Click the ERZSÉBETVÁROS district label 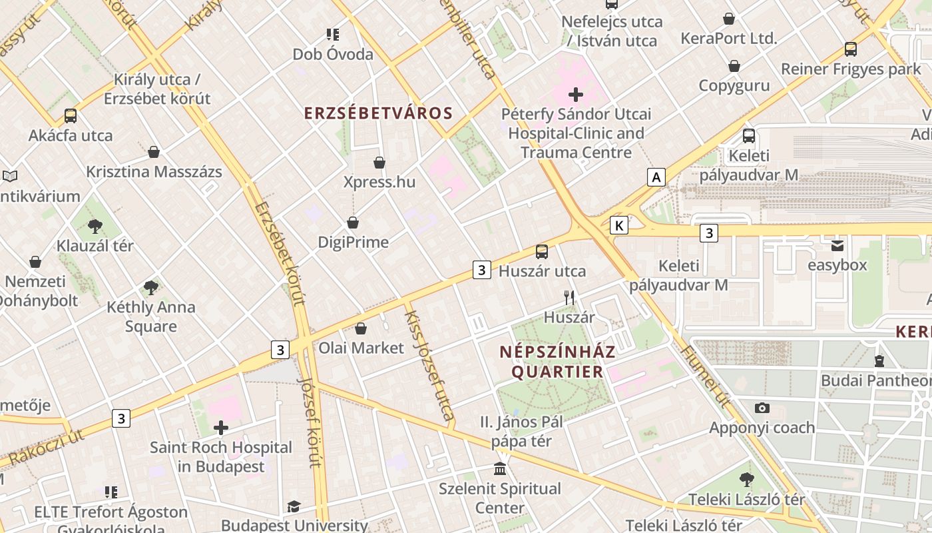pos(378,113)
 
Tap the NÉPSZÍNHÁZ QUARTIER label pos(558,361)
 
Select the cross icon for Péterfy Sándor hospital pos(576,95)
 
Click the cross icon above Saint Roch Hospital pos(221,428)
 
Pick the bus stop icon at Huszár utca pos(542,252)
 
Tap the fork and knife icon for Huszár pos(569,298)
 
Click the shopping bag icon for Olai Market pos(361,328)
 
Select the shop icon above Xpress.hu pos(379,163)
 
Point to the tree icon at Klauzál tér pos(95,227)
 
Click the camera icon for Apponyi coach pos(762,408)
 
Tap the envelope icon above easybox pos(837,246)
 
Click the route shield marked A pos(656,177)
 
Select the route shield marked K pos(619,225)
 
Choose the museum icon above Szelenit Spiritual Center pos(500,469)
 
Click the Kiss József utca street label pos(429,366)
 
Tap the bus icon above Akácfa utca pos(71,116)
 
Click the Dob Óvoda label pos(333,55)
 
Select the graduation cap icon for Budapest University pos(294,507)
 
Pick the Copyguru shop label pos(734,85)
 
